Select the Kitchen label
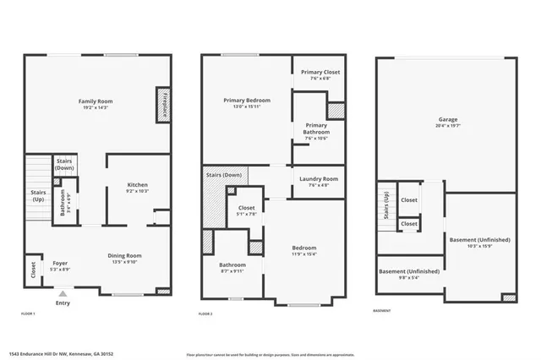pyautogui.click(x=138, y=188)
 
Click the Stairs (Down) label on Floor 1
pyautogui.click(x=65, y=164)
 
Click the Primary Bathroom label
pyautogui.click(x=317, y=128)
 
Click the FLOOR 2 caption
pyautogui.click(x=205, y=314)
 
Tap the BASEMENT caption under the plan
pyautogui.click(x=381, y=310)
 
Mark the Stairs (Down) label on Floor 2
pyautogui.click(x=224, y=175)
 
